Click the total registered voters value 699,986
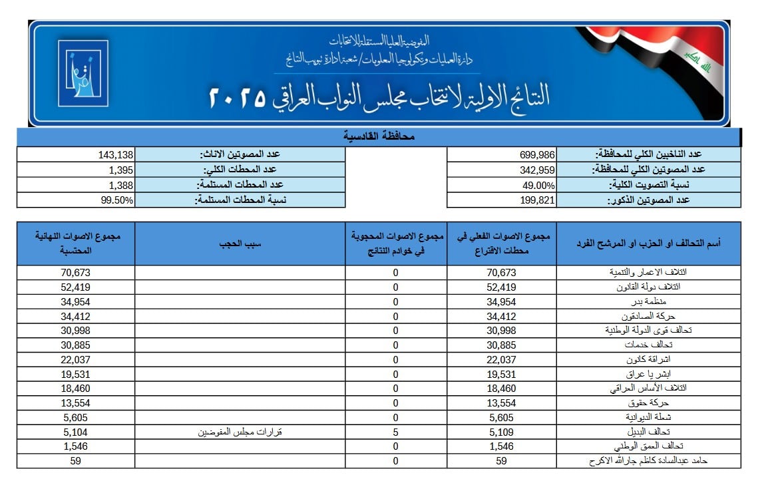[x=537, y=155]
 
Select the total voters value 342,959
[x=537, y=170]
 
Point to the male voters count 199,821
[x=537, y=200]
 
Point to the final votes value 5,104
[x=75, y=432]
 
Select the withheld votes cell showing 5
[x=395, y=432]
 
